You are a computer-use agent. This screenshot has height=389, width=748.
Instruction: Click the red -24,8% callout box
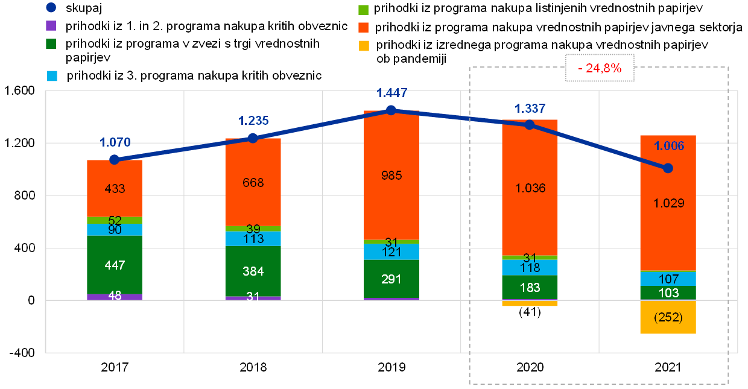click(600, 68)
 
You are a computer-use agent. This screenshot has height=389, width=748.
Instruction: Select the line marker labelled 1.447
click(391, 110)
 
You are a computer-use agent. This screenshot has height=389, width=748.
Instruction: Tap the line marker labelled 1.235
click(253, 138)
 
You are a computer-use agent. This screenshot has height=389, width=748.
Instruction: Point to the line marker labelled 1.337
click(530, 124)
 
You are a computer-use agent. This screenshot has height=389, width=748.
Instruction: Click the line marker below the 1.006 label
click(668, 168)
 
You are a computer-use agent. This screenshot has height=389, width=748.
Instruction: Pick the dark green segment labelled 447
click(115, 265)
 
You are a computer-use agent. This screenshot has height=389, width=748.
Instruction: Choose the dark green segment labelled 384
click(253, 271)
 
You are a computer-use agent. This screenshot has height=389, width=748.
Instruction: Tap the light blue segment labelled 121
click(391, 252)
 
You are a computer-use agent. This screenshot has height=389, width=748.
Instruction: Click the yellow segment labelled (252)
click(668, 317)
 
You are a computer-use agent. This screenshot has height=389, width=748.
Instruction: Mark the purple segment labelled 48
click(115, 297)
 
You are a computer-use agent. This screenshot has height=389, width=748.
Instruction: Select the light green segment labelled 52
click(115, 220)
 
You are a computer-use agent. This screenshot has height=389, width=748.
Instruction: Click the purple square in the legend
click(51, 26)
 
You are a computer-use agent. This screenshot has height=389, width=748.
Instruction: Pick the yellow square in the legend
click(363, 46)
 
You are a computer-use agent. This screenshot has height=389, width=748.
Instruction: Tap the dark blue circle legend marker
click(51, 8)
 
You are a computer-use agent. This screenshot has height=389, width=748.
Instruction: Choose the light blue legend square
click(52, 76)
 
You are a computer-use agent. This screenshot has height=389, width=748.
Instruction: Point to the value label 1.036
click(530, 188)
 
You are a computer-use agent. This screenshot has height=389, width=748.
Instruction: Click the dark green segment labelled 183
click(530, 287)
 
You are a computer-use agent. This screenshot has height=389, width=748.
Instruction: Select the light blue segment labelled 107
click(668, 279)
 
